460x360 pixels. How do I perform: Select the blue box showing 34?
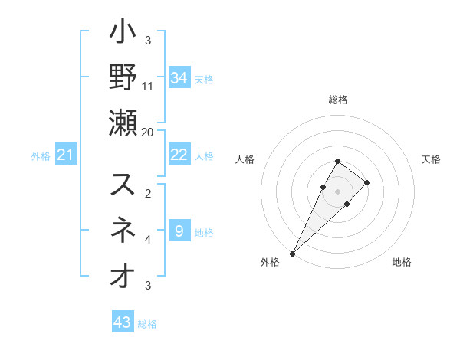pyautogui.click(x=179, y=78)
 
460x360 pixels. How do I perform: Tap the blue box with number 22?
pyautogui.click(x=179, y=155)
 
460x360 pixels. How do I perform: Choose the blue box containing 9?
pyautogui.click(x=179, y=231)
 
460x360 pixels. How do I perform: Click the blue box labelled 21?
pyautogui.click(x=65, y=156)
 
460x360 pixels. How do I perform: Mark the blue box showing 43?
pyautogui.click(x=123, y=322)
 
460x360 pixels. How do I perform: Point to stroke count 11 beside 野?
pyautogui.click(x=148, y=86)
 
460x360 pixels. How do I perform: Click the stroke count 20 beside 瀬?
pyautogui.click(x=148, y=131)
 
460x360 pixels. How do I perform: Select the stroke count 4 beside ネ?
pyautogui.click(x=148, y=240)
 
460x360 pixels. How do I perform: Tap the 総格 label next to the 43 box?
pyautogui.click(x=147, y=324)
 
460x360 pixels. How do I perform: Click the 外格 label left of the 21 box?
pyautogui.click(x=41, y=157)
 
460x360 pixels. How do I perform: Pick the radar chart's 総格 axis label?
pyautogui.click(x=338, y=100)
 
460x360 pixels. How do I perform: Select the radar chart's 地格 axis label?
pyautogui.click(x=402, y=263)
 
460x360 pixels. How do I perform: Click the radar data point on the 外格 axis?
pyautogui.click(x=292, y=253)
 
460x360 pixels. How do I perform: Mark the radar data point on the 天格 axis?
pyautogui.click(x=367, y=182)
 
